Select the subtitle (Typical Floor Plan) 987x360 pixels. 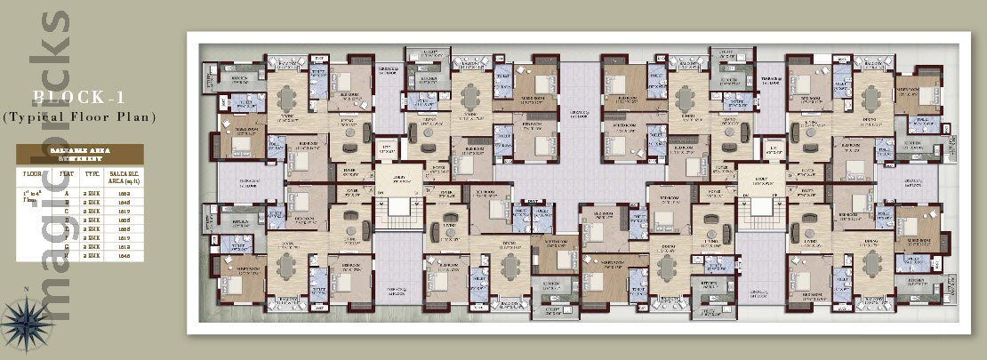point(79,116)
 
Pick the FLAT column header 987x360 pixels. point(64,174)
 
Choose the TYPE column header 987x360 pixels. point(90,174)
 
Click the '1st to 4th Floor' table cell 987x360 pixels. point(33,196)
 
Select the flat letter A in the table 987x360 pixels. point(64,193)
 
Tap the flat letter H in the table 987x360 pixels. point(64,255)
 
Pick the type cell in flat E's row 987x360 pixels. point(90,228)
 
